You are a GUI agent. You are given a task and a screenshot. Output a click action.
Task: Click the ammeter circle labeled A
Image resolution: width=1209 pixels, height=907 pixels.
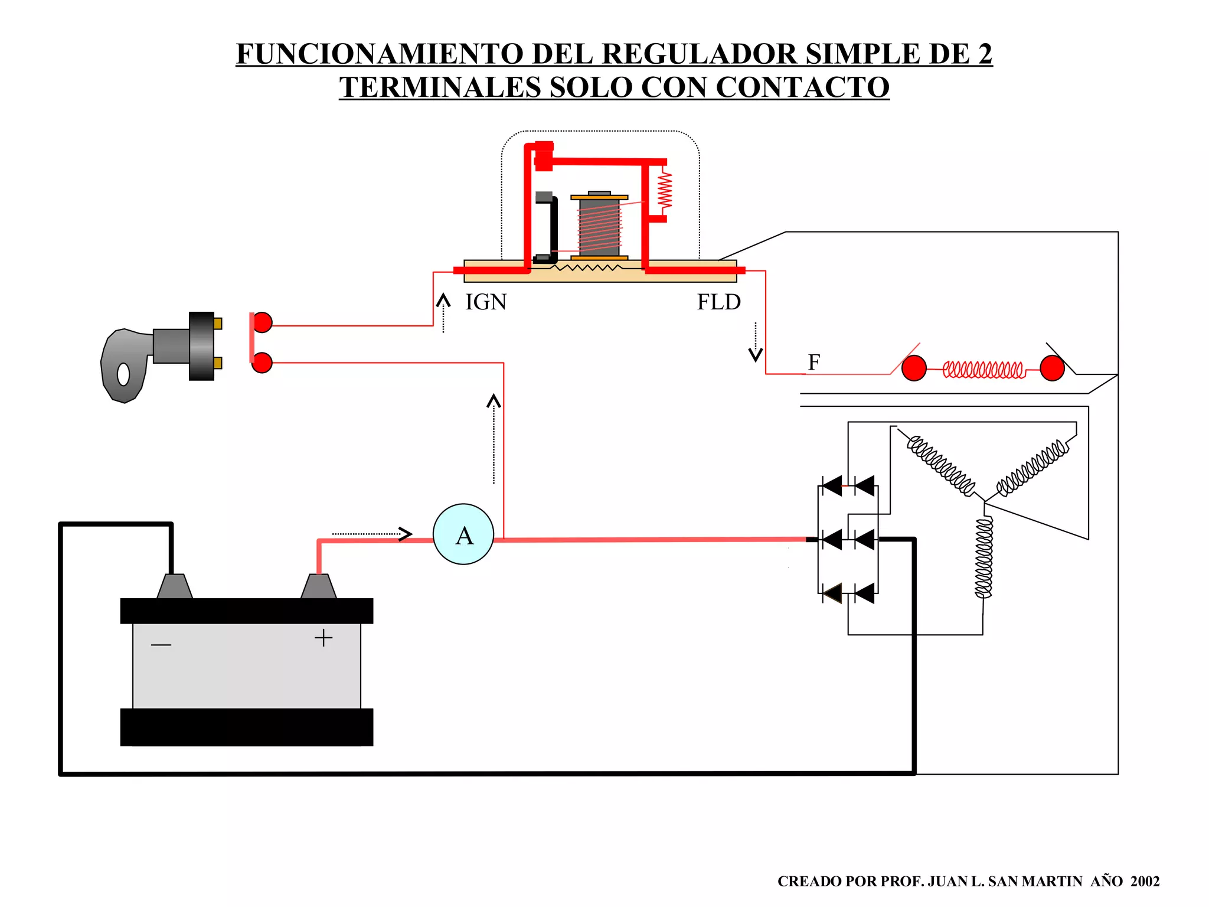point(463,534)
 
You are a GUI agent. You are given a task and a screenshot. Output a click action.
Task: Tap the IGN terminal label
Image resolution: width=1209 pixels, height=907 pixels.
point(486,302)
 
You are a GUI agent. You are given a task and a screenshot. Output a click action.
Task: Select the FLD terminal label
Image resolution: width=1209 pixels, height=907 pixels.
point(718,302)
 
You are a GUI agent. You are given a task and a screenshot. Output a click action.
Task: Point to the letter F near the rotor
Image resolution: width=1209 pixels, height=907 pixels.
point(814,362)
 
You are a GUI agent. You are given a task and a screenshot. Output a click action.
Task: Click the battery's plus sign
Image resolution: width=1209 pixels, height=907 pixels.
point(324,638)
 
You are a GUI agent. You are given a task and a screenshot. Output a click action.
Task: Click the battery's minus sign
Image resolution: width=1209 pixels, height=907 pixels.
point(161,644)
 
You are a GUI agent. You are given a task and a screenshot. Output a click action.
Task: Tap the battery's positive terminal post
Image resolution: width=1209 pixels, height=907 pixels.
point(319,586)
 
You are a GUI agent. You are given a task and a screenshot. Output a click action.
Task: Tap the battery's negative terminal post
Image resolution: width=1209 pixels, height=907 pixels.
point(175,586)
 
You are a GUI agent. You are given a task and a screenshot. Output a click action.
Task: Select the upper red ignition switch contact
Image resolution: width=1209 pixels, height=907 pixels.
point(262,322)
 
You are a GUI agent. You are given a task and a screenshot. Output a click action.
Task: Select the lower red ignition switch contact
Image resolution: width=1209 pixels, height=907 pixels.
point(262,363)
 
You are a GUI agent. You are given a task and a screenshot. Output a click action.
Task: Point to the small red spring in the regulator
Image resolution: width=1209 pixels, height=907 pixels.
point(665,189)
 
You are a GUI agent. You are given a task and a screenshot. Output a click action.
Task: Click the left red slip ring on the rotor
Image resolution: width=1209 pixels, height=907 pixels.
point(914,368)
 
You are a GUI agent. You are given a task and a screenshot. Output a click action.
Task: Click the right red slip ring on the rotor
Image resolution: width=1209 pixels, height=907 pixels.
point(1052,368)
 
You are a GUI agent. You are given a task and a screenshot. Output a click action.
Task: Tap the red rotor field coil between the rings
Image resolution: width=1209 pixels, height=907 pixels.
point(983,370)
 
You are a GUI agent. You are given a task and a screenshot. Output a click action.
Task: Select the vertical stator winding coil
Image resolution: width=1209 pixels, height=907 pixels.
point(983,558)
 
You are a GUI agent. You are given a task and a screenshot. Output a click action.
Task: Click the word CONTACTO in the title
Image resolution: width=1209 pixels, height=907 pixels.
point(802,87)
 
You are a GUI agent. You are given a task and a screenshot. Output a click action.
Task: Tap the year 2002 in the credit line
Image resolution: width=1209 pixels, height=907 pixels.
point(1145,881)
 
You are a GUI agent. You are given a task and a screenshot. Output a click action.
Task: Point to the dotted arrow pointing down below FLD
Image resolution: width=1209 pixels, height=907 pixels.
point(756,342)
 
